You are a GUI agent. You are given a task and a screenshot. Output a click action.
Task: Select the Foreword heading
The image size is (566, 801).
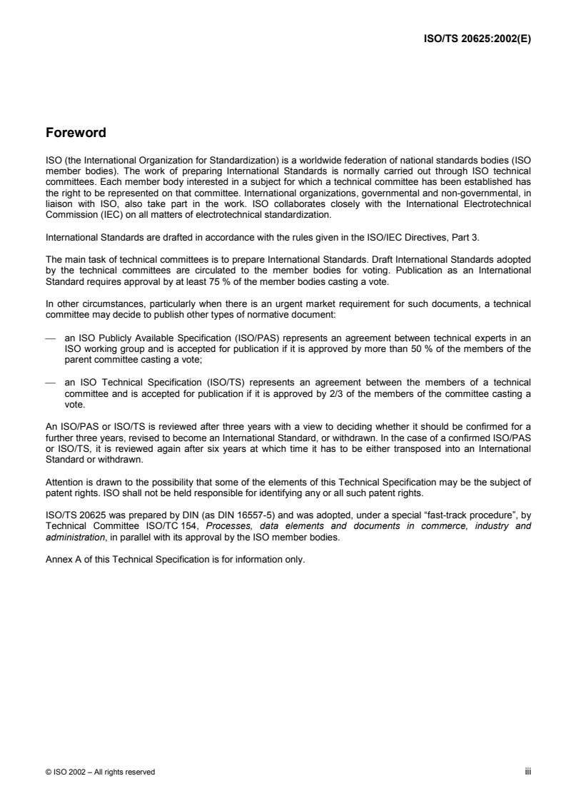76,132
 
